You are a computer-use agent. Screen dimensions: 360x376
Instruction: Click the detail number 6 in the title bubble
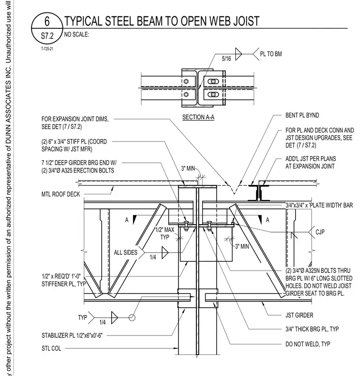click(47, 21)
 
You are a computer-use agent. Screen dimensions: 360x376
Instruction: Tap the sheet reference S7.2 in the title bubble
click(47, 36)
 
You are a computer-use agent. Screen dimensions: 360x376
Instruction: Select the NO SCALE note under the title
click(77, 35)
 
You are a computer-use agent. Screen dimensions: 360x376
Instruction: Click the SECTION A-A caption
click(198, 117)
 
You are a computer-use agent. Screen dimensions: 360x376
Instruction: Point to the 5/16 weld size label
click(226, 58)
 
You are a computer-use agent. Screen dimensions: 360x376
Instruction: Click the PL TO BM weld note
click(271, 54)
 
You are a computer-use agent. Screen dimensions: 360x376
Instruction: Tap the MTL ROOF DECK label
click(61, 194)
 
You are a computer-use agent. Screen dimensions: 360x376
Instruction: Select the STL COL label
click(51, 348)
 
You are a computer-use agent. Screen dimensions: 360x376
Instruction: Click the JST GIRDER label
click(299, 315)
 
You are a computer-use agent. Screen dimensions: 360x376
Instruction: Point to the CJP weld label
click(320, 232)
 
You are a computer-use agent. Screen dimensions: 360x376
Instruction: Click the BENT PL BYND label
click(302, 115)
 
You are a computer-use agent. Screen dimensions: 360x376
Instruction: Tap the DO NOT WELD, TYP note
click(308, 344)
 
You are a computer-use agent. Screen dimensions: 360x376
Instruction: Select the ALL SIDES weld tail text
click(126, 252)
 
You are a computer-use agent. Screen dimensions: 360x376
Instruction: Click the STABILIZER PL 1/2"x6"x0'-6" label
click(72, 335)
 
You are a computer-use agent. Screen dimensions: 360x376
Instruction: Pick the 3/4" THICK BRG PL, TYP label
click(312, 329)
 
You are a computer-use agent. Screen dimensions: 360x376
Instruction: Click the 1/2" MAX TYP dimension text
click(165, 234)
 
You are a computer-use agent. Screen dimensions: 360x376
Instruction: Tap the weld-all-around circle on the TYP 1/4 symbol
click(132, 318)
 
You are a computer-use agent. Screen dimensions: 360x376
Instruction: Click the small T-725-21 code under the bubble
click(47, 49)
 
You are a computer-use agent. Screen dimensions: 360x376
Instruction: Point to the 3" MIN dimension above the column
click(188, 169)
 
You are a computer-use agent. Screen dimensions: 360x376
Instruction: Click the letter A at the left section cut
click(127, 220)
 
